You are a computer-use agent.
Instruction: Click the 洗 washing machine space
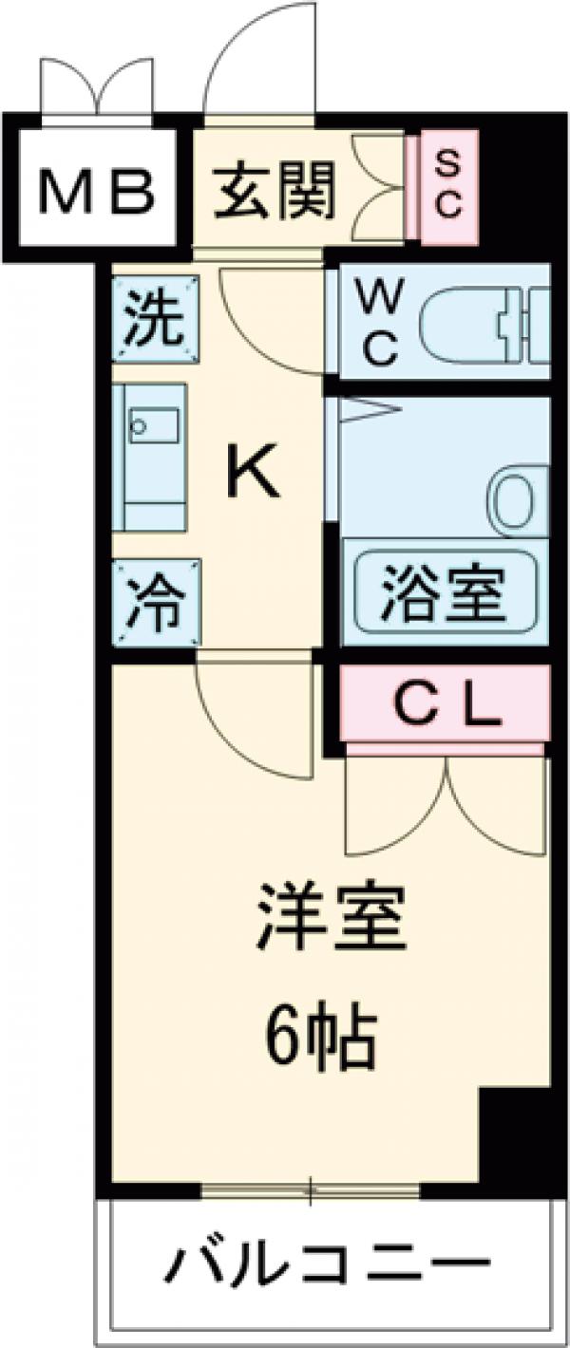tap(156, 319)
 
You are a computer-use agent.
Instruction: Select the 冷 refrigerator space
tap(156, 604)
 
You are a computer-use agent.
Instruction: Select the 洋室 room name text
tap(331, 918)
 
